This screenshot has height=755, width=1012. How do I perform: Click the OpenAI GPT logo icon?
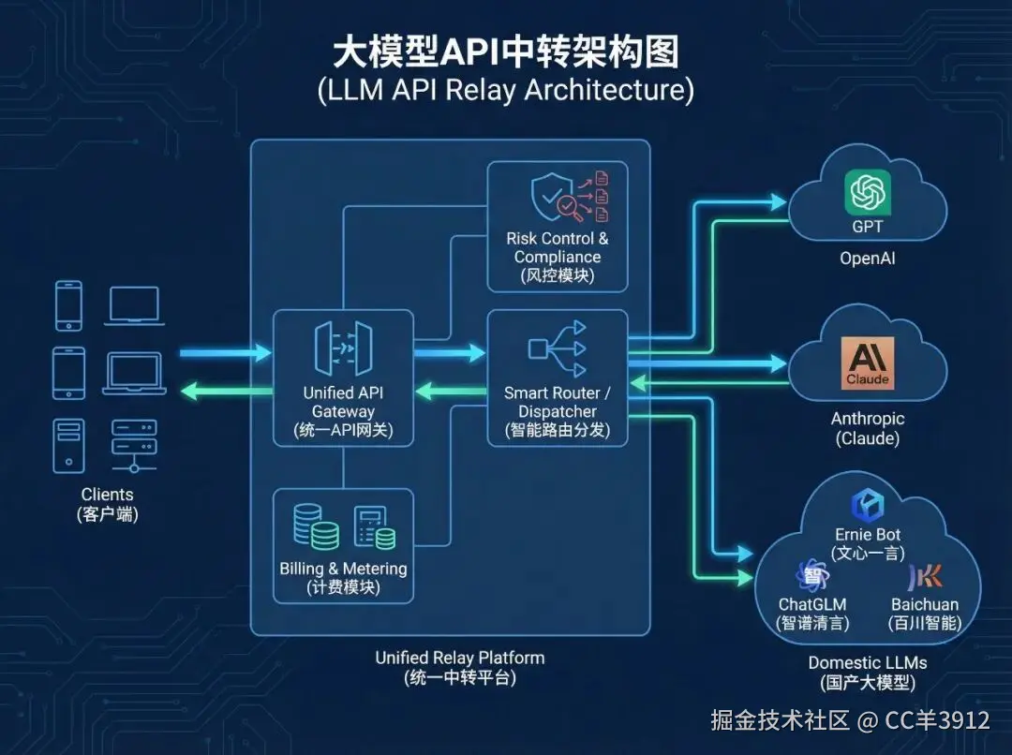pyautogui.click(x=867, y=194)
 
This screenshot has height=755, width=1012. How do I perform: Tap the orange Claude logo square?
pyautogui.click(x=867, y=363)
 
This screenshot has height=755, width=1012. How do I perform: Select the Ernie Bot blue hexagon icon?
pyautogui.click(x=867, y=506)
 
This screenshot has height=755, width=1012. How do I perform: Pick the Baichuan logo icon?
pyautogui.click(x=925, y=576)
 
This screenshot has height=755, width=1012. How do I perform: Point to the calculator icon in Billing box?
pyautogui.click(x=373, y=527)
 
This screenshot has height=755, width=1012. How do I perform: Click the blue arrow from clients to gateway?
pyautogui.click(x=225, y=353)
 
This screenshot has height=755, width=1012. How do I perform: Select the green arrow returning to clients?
pyautogui.click(x=225, y=389)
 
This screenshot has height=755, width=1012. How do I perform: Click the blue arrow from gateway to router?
pyautogui.click(x=450, y=353)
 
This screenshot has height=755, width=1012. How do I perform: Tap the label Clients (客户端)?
pyautogui.click(x=107, y=503)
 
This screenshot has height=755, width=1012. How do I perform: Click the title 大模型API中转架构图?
pyautogui.click(x=505, y=53)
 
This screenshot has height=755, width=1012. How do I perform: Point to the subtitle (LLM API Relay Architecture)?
pyautogui.click(x=505, y=91)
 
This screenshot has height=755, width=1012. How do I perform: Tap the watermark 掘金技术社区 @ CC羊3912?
pyautogui.click(x=850, y=720)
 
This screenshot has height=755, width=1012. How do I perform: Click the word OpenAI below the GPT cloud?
pyautogui.click(x=867, y=257)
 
